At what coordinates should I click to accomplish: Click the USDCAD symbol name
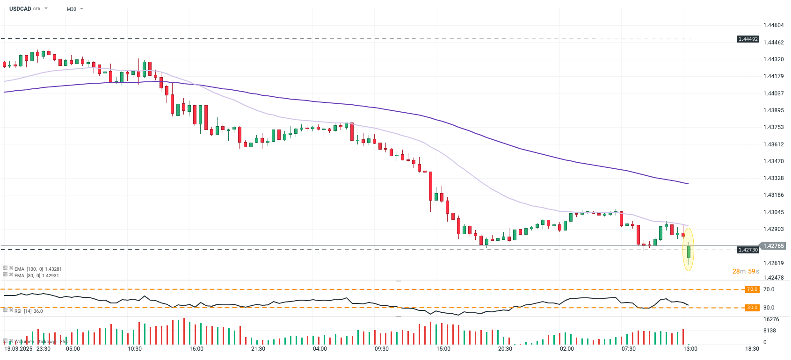pos(20,9)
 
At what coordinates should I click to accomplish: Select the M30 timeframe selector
pos(72,9)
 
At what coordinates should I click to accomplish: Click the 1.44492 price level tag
pos(748,39)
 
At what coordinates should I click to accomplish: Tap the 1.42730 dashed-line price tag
pos(748,250)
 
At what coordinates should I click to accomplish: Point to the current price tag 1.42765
pos(773,246)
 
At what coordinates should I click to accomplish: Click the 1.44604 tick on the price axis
pos(773,25)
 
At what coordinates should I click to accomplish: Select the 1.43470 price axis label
pos(773,161)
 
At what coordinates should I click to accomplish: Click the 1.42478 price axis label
pos(773,278)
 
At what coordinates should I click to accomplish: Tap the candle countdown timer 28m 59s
pos(746,271)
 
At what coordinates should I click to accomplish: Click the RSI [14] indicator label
pos(22,311)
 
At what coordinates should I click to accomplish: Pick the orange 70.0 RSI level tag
pos(752,289)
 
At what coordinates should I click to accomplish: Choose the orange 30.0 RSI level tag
pos(752,308)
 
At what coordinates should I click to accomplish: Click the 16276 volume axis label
pos(771,319)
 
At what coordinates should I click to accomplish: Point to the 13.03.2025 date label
pos(18,349)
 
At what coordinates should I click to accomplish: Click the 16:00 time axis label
pos(196,349)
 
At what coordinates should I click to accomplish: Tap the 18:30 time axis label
pos(752,349)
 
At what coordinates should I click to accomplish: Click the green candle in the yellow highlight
pos(689,252)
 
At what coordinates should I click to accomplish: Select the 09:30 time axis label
pos(382,349)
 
